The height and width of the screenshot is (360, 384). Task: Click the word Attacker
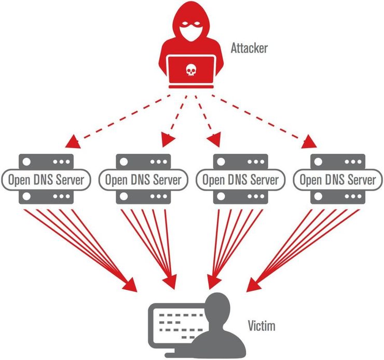coord(249,49)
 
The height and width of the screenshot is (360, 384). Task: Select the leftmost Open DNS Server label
coord(46,180)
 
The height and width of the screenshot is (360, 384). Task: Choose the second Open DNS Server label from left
coord(143,180)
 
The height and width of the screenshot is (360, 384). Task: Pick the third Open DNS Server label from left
coord(240,180)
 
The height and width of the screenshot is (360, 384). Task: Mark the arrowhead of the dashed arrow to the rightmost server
coord(311,141)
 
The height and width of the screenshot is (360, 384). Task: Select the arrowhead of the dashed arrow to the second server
coord(167,140)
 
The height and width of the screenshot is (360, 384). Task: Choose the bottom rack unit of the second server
coord(143,198)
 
